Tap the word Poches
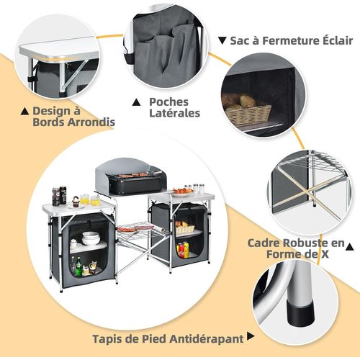tap(169, 102)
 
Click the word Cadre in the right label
tap(266, 243)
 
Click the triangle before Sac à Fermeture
tap(223, 41)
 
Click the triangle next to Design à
tap(25, 111)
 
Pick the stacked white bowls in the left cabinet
tap(91, 238)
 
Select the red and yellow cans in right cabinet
tap(182, 250)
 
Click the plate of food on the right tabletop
tap(182, 192)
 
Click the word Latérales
tap(174, 114)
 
